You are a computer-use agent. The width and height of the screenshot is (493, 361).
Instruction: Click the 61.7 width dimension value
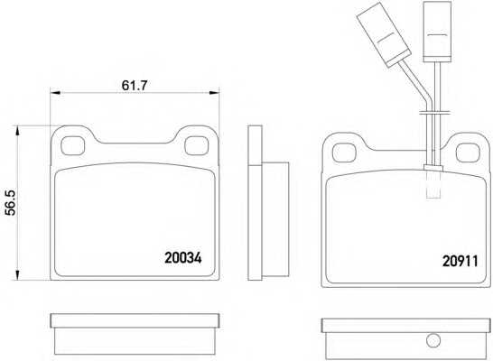coord(135,85)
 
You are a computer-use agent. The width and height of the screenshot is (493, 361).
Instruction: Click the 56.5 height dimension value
coord(11,203)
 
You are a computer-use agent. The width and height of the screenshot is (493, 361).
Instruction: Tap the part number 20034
coord(183,258)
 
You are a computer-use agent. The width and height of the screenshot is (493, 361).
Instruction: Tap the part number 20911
coord(460,261)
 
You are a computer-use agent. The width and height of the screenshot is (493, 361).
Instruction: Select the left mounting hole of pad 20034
coord(72,146)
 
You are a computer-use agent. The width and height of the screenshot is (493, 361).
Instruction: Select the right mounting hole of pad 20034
coord(197,146)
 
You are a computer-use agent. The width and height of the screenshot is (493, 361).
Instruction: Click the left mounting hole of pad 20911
coord(344,153)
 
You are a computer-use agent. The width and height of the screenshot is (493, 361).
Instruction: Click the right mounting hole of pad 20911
coord(468,153)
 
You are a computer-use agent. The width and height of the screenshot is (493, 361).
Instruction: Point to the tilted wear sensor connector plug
coord(385,34)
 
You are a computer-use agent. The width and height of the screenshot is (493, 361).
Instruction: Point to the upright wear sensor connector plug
coord(437,32)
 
